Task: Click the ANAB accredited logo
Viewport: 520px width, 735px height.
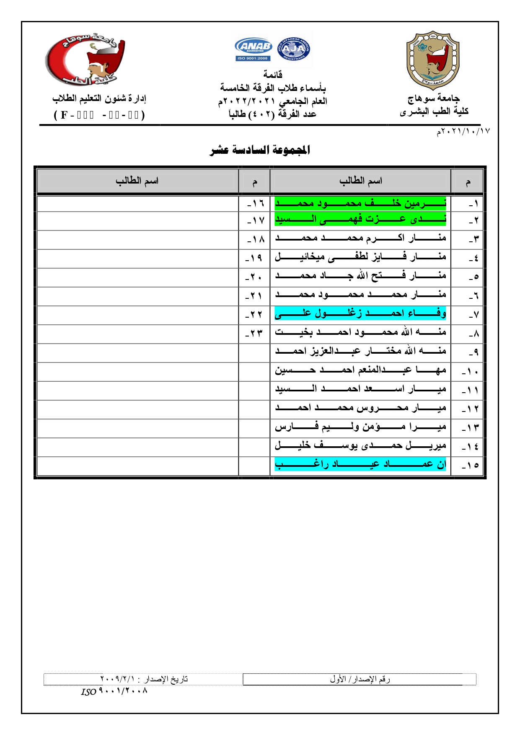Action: click(x=253, y=49)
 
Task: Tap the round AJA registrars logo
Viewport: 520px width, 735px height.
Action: click(x=294, y=49)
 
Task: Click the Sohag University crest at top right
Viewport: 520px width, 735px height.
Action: click(x=433, y=60)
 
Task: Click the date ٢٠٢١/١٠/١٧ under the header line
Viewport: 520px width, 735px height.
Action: click(x=463, y=132)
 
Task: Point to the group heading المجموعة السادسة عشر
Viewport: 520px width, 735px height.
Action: click(x=260, y=150)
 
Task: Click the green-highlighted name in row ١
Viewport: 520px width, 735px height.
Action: click(x=360, y=204)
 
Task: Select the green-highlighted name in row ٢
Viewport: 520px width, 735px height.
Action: click(x=360, y=219)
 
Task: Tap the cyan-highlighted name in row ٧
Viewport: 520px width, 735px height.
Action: click(x=360, y=313)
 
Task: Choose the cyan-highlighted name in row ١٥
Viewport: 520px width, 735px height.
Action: click(x=360, y=464)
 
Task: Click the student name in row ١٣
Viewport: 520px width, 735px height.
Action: click(x=360, y=427)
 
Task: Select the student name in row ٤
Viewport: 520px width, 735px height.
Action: click(x=360, y=257)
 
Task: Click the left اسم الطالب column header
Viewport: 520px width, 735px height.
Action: click(x=137, y=181)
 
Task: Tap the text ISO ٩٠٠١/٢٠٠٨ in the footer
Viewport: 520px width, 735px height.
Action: click(x=114, y=691)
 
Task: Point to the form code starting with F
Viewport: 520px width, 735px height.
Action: click(x=99, y=115)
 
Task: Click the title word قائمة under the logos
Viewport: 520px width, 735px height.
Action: click(x=273, y=75)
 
